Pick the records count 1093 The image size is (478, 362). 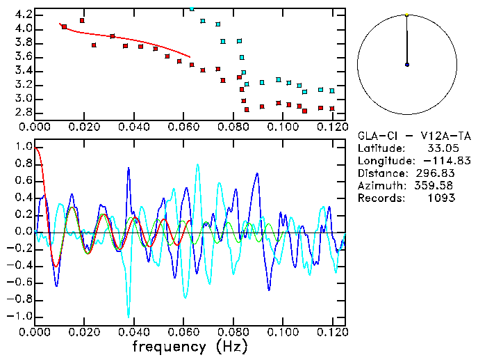(x=441, y=198)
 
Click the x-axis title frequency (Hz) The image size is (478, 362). (x=190, y=346)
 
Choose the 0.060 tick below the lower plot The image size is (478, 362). (x=183, y=331)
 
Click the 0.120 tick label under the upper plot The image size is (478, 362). (x=332, y=127)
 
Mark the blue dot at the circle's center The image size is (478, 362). (x=407, y=65)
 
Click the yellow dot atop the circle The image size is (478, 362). (x=407, y=14)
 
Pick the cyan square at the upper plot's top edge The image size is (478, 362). (x=192, y=9)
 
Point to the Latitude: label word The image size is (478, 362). (x=381, y=149)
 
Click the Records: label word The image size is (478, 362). (x=379, y=198)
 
